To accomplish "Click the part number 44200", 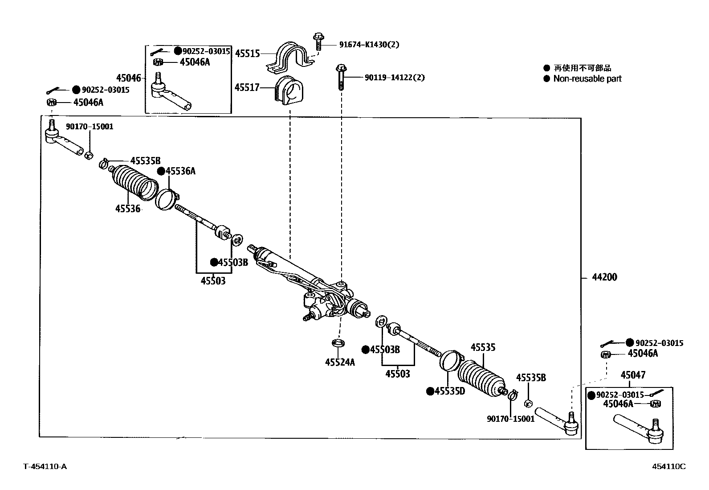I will coord(604,277).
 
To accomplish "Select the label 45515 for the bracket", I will coord(247,54).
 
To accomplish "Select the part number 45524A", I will coord(340,362).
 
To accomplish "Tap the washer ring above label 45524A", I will coord(338,343).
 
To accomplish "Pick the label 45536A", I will coord(180,171).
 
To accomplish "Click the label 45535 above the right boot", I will coord(483,347).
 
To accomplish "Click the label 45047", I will coord(633,375).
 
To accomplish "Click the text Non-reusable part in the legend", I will coord(587,79).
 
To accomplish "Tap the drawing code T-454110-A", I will coord(45,466).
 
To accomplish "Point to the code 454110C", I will coord(668,466).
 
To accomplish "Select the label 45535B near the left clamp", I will coord(145,161).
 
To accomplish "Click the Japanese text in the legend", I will coord(582,68).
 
